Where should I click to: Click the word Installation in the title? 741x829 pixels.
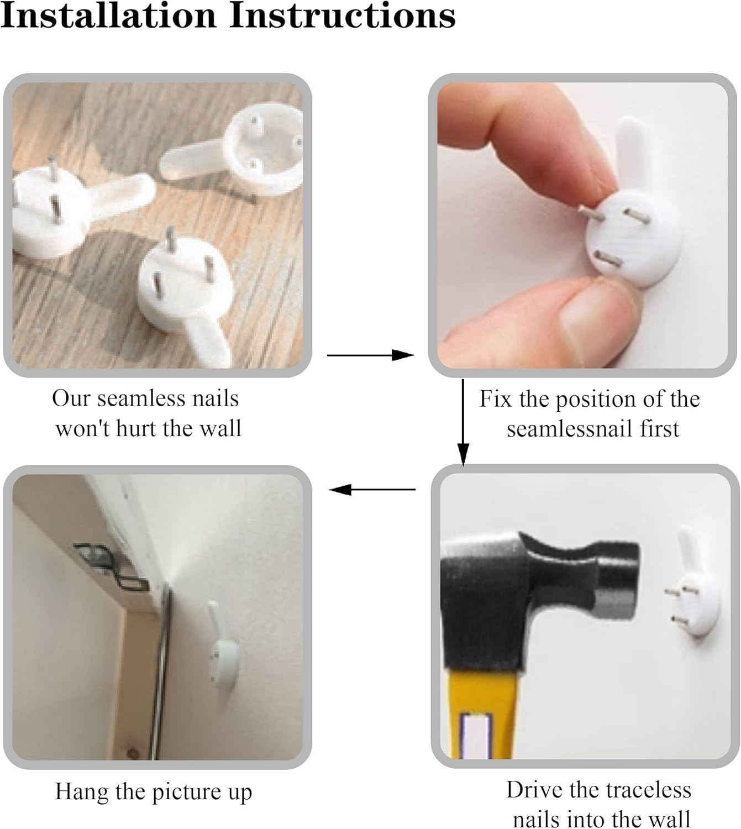108,15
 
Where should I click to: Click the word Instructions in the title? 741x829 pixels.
343,15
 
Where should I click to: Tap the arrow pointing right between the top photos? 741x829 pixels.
370,355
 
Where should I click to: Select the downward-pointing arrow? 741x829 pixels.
463,423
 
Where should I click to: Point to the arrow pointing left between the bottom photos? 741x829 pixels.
372,489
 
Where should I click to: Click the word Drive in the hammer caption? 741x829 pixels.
534,789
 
